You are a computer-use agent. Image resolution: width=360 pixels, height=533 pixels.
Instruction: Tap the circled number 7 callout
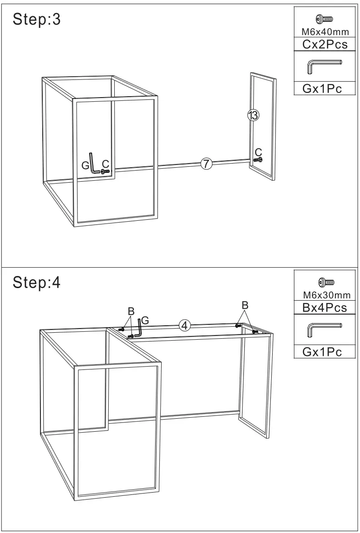pyautogui.click(x=207, y=163)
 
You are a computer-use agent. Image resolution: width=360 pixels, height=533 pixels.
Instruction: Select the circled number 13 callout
pyautogui.click(x=253, y=115)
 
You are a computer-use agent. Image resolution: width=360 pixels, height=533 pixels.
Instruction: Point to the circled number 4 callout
pyautogui.click(x=184, y=325)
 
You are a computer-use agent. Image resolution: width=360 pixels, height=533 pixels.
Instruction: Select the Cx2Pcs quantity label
pyautogui.click(x=325, y=44)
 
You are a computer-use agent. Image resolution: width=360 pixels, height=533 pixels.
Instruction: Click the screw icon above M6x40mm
pyautogui.click(x=325, y=19)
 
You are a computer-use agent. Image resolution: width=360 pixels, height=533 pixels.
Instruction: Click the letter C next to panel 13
pyautogui.click(x=258, y=151)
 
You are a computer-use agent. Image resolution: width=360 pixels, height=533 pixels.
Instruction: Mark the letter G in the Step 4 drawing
pyautogui.click(x=145, y=320)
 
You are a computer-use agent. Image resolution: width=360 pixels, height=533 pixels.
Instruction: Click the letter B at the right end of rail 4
pyautogui.click(x=245, y=305)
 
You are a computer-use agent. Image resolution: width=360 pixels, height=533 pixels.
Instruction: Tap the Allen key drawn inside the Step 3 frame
pyautogui.click(x=93, y=164)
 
